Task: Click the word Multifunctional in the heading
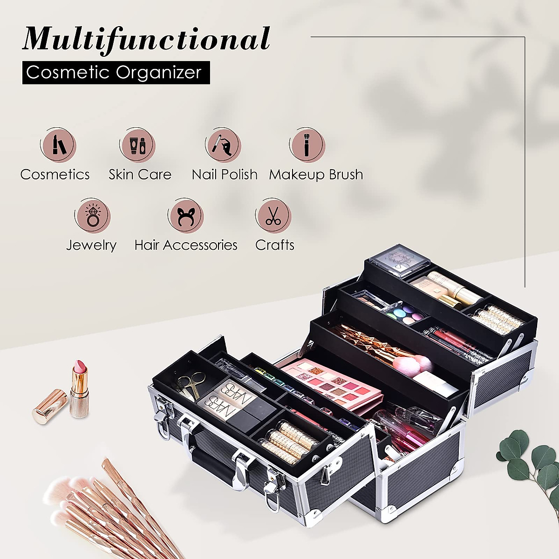point(146,39)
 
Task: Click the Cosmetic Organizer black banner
point(116,73)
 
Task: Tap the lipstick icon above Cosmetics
point(58,144)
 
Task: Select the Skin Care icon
point(138,144)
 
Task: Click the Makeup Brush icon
point(307,144)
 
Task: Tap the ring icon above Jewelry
point(92,215)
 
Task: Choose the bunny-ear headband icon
point(186,215)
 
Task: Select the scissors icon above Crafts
point(273,215)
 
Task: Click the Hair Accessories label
point(186,245)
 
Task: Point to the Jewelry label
point(91,245)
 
